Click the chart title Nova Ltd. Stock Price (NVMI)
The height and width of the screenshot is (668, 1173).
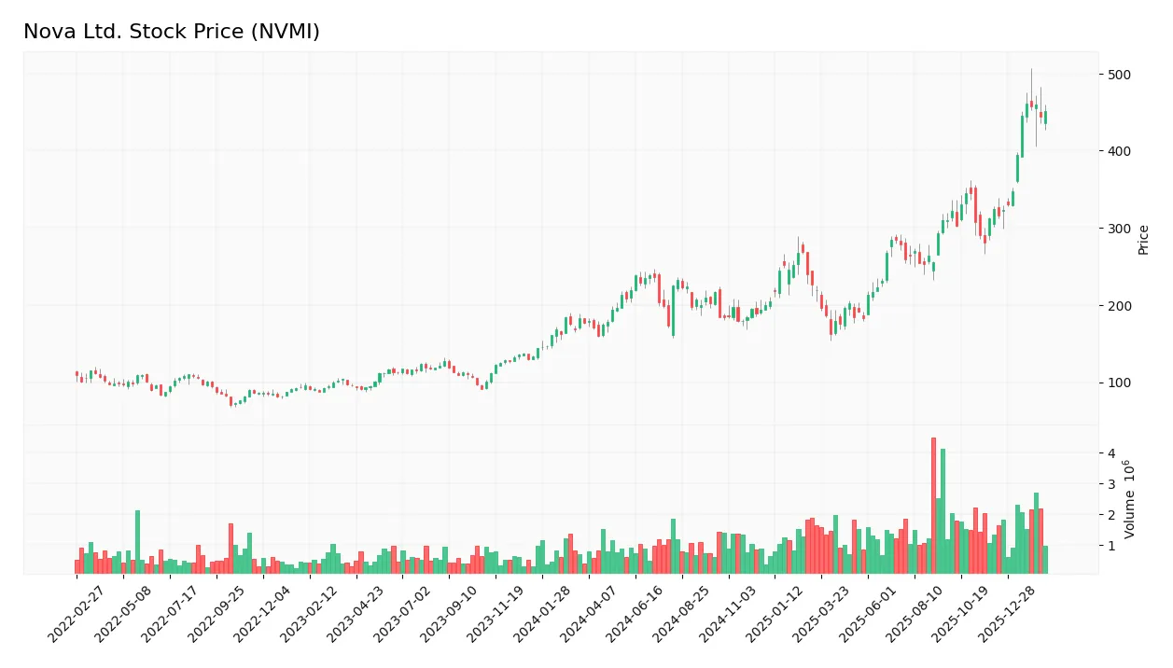(x=172, y=32)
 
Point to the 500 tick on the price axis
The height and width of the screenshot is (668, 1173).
(x=1119, y=75)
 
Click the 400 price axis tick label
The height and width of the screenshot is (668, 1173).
(x=1119, y=151)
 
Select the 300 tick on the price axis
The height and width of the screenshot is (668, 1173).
(x=1119, y=229)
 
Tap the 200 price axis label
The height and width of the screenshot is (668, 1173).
(x=1119, y=306)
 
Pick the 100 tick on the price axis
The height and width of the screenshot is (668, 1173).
(x=1119, y=383)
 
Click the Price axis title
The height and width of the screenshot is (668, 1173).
(x=1143, y=240)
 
